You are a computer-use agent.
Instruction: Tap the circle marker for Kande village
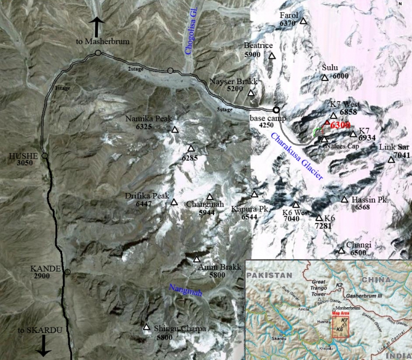(x=68, y=272)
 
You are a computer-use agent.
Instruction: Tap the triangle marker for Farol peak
(x=303, y=23)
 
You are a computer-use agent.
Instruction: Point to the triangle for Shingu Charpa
(x=146, y=327)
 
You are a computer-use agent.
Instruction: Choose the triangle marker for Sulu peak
(x=325, y=77)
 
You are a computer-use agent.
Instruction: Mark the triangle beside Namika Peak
(x=175, y=130)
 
